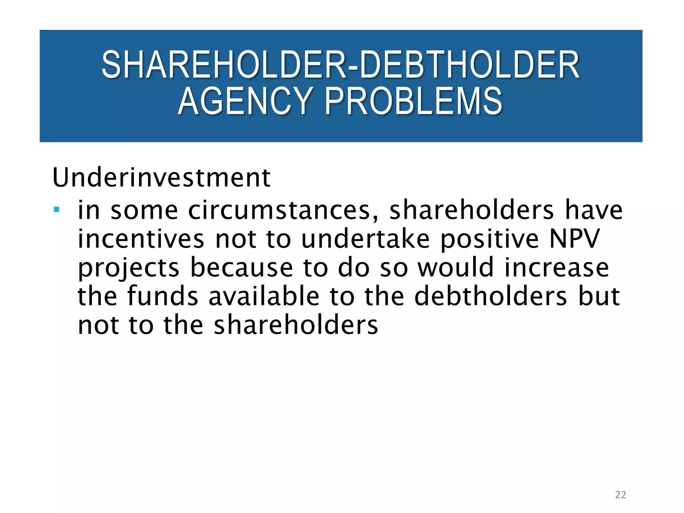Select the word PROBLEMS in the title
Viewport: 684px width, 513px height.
413,101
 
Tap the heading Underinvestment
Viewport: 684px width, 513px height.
161,178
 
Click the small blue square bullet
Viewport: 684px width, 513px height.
56,210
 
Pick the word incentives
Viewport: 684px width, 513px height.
141,239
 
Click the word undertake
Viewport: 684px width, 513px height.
365,239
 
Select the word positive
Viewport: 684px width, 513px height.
489,239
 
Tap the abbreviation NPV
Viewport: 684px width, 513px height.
574,239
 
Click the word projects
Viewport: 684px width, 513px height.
129,268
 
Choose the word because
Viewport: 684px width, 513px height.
241,268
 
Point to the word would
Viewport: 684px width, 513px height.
456,268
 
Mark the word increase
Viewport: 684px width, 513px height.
557,268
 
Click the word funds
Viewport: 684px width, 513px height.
163,296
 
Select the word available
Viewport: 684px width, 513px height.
264,296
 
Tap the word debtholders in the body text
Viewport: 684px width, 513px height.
491,296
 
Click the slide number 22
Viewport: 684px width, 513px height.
620,495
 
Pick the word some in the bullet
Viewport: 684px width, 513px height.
144,210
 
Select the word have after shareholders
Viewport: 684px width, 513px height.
593,210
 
